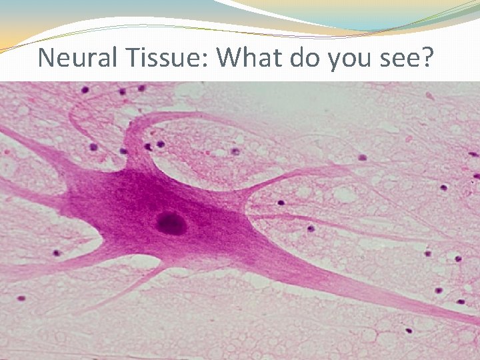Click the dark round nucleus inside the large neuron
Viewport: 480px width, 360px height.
tap(171, 223)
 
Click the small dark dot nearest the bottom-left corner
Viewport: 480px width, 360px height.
tap(21, 298)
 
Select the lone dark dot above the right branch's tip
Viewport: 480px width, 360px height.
tap(362, 158)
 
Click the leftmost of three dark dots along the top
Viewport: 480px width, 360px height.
tap(85, 89)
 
